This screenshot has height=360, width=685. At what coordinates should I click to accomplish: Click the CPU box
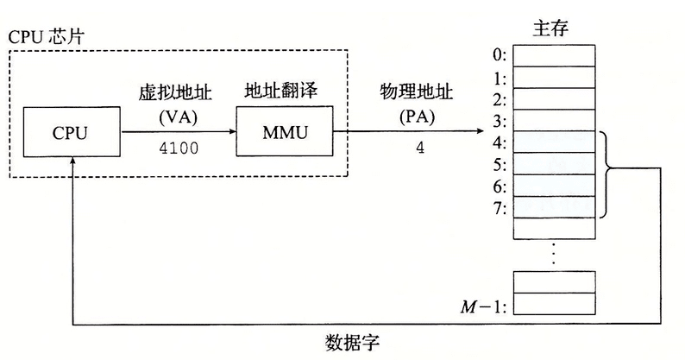(x=71, y=133)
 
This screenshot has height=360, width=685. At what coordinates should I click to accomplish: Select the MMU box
(x=284, y=133)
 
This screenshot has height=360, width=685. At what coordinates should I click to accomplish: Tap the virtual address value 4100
(x=179, y=148)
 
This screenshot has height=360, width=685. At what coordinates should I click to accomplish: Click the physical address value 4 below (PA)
(x=420, y=148)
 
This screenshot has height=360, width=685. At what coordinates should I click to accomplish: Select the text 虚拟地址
(x=179, y=92)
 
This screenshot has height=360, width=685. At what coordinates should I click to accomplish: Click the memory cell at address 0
(x=554, y=55)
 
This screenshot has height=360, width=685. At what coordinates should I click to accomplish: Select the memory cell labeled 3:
(x=554, y=120)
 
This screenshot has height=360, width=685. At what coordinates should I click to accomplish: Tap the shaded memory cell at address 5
(x=554, y=163)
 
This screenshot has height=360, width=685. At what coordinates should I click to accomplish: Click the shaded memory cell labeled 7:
(x=554, y=206)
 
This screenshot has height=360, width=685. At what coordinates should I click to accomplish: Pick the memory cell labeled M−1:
(x=554, y=303)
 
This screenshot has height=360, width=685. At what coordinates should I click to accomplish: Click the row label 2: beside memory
(x=499, y=98)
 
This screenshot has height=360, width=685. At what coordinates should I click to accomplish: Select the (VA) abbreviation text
(x=179, y=117)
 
